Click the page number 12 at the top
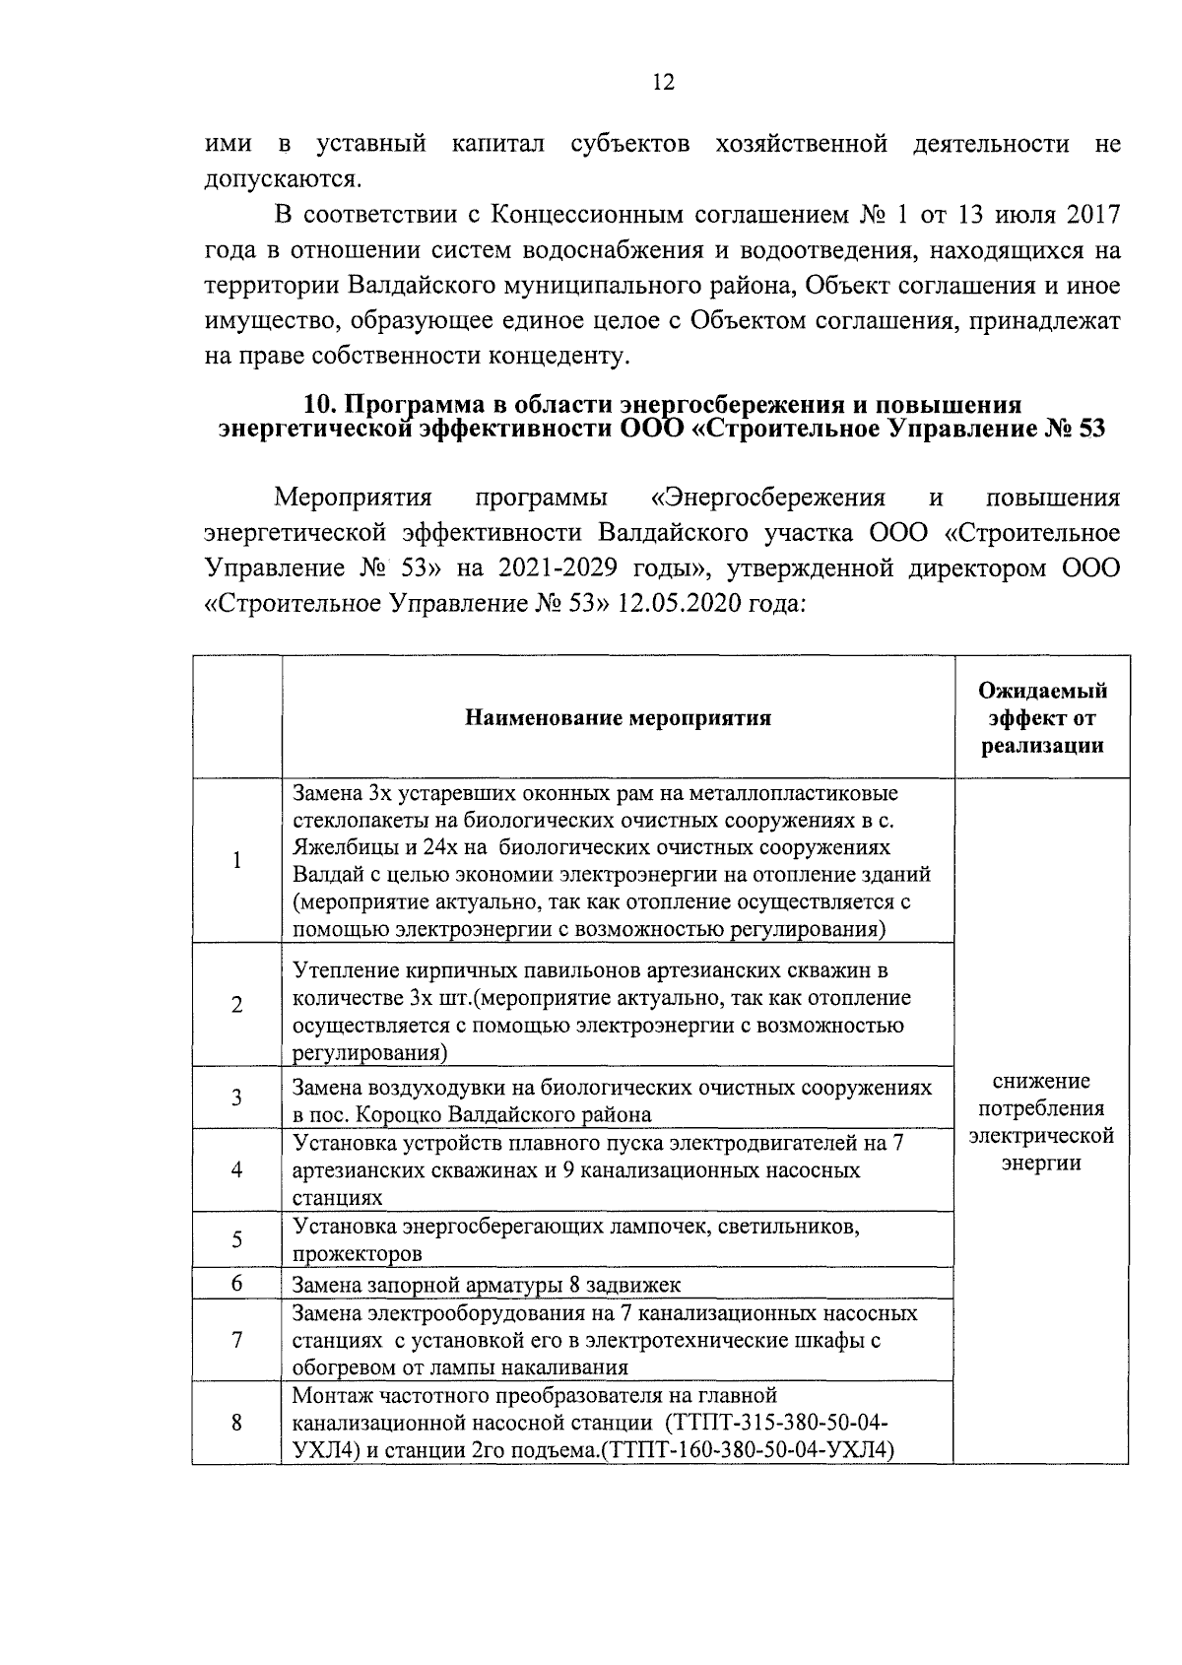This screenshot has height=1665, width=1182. [663, 83]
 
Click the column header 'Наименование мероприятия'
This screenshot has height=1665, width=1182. [618, 717]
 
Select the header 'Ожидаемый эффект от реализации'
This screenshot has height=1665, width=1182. [1042, 717]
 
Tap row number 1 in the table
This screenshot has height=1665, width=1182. [237, 860]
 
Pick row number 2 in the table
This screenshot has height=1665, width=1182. [237, 1005]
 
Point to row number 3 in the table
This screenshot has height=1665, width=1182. [237, 1097]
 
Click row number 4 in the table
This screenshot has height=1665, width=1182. [237, 1169]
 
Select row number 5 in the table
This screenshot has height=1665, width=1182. [237, 1239]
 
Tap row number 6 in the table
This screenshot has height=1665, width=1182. [237, 1283]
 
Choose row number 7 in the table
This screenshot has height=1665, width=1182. [237, 1340]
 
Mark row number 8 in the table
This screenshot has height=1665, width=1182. [237, 1423]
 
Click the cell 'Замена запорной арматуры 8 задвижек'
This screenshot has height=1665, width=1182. [487, 1285]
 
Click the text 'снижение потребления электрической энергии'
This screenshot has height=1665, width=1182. [1041, 1122]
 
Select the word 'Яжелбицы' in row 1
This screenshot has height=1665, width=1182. [339, 847]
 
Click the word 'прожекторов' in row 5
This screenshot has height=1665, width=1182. [357, 1254]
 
